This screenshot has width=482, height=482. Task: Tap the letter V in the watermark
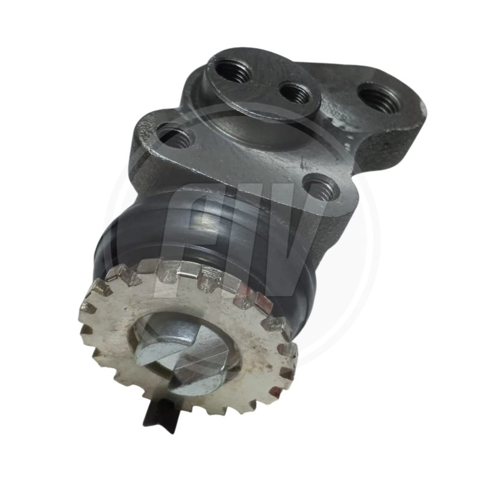point(289,241)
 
